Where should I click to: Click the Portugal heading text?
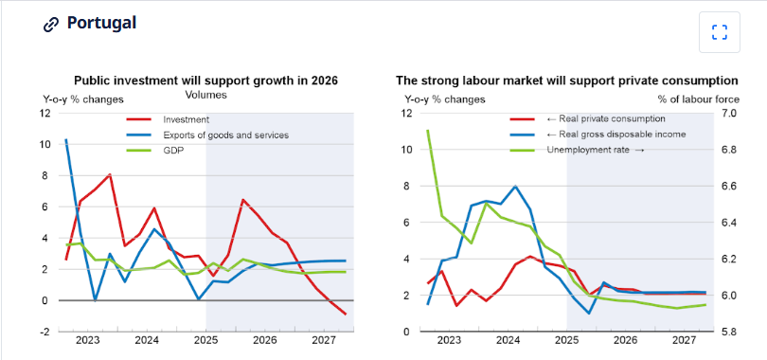point(101,23)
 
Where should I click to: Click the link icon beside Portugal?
point(52,25)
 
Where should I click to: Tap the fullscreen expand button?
point(719,32)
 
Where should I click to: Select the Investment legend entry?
point(186,119)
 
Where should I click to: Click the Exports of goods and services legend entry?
point(225,135)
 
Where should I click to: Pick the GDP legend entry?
point(174,150)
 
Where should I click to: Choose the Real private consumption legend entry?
point(606,119)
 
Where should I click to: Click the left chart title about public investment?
point(205,81)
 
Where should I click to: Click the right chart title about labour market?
point(566,81)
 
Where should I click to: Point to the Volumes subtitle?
point(205,95)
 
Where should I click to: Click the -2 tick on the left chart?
point(44,332)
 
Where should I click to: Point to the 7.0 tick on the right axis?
point(728,114)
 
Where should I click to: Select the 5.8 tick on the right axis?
point(728,332)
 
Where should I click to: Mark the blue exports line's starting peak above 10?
point(65,140)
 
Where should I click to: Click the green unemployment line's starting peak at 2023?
point(428,131)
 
